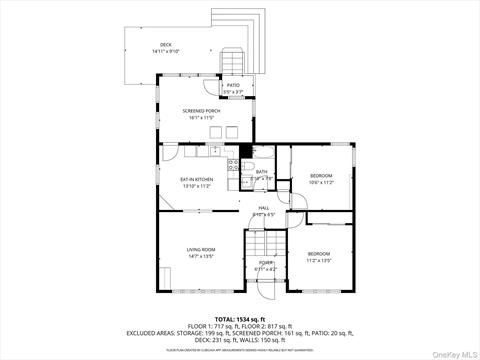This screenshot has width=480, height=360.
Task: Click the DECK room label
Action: click(165, 46)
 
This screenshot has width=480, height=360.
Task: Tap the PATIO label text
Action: click(232, 87)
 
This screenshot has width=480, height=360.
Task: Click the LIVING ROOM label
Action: click(201, 249)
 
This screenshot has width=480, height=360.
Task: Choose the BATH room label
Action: click(261, 172)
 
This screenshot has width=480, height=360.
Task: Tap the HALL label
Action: click(263, 208)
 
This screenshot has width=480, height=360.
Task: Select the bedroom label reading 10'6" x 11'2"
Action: click(320, 178)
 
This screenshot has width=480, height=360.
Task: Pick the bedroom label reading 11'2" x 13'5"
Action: click(318, 256)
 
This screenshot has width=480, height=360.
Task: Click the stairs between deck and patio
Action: click(233, 58)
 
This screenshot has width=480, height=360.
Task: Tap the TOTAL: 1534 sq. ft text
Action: click(239, 317)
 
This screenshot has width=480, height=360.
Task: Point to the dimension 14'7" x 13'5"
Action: click(201, 256)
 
